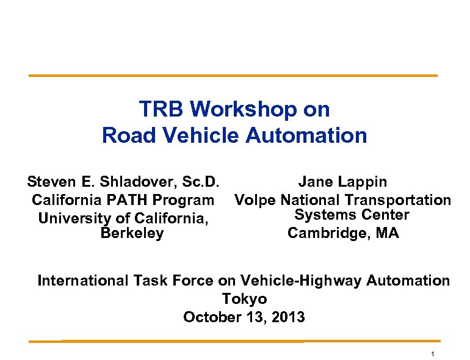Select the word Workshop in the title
[237, 109]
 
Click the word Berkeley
[132, 234]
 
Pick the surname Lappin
[363, 182]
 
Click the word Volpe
[256, 200]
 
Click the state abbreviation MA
[387, 233]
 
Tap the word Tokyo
[244, 299]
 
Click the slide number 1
[432, 355]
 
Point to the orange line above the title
[234, 76]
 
